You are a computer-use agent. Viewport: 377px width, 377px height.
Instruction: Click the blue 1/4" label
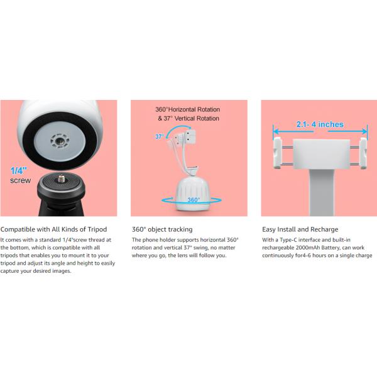point(18,171)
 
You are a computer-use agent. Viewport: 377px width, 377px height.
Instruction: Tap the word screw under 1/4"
point(21,180)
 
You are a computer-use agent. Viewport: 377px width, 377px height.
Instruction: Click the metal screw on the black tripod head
point(62,178)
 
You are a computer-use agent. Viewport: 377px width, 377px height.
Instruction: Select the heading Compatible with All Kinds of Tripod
point(53,229)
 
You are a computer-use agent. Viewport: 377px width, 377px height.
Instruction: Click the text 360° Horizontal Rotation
point(187,109)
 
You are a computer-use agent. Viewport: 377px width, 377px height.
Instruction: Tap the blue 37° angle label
point(160,136)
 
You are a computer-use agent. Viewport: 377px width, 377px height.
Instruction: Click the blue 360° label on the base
point(194,200)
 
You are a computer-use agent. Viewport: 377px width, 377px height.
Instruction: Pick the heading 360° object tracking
point(162,229)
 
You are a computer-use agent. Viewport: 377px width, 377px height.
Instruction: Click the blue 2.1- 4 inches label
point(320,124)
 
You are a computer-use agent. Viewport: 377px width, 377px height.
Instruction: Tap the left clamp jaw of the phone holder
point(277,153)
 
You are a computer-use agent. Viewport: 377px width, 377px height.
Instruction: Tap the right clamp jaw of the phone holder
point(363,153)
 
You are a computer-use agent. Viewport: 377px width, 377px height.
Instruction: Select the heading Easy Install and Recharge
point(300,229)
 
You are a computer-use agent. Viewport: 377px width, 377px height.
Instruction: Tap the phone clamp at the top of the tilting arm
point(188,138)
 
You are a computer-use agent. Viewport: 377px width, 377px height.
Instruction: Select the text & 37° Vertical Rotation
point(188,118)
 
